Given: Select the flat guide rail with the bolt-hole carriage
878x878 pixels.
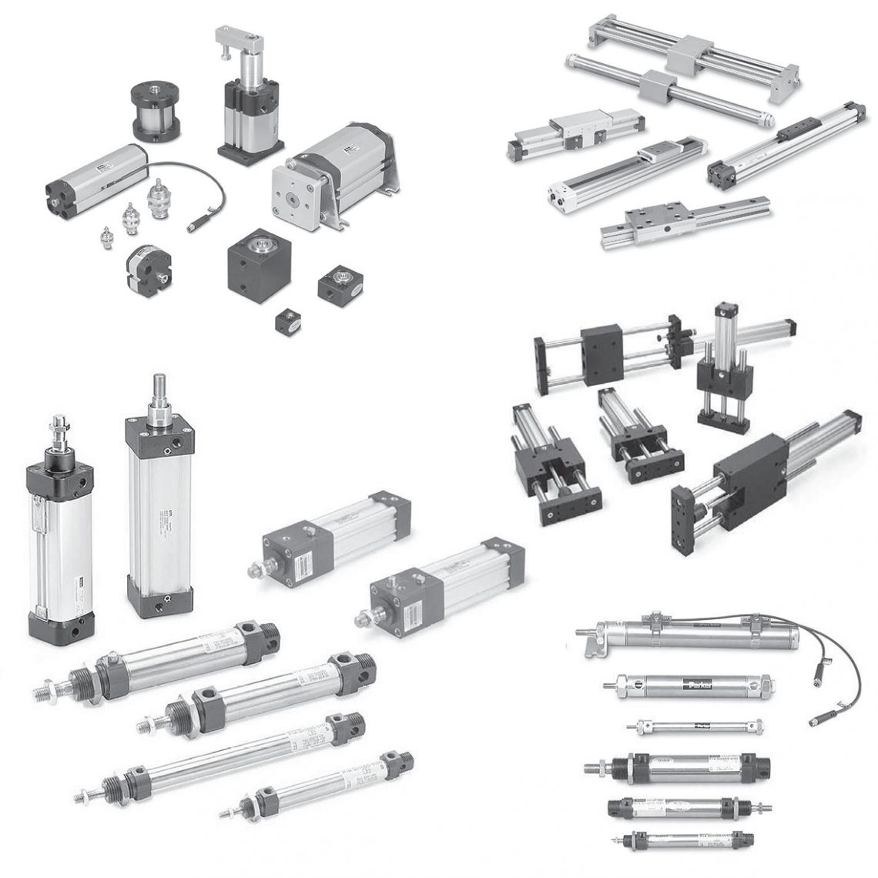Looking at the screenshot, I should pyautogui.click(x=661, y=224).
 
